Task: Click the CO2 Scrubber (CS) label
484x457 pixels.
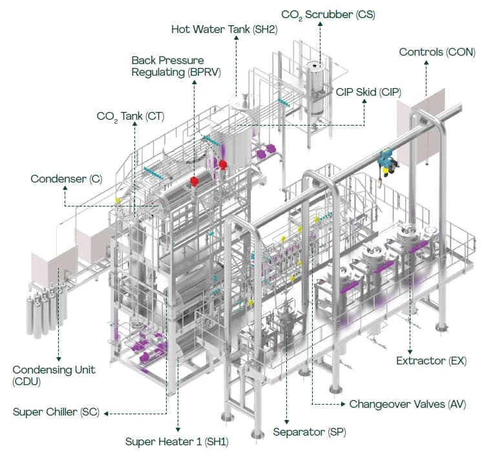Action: [328, 14]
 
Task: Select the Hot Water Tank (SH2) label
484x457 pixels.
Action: [224, 30]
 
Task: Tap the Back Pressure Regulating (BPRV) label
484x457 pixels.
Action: [176, 66]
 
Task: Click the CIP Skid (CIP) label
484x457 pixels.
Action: [368, 92]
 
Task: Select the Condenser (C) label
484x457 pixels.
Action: [58, 178]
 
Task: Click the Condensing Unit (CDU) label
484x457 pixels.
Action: [54, 375]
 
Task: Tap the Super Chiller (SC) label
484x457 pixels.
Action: [56, 412]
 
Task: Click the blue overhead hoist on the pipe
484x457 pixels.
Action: [386, 161]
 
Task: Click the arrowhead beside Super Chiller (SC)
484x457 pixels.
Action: [107, 412]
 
